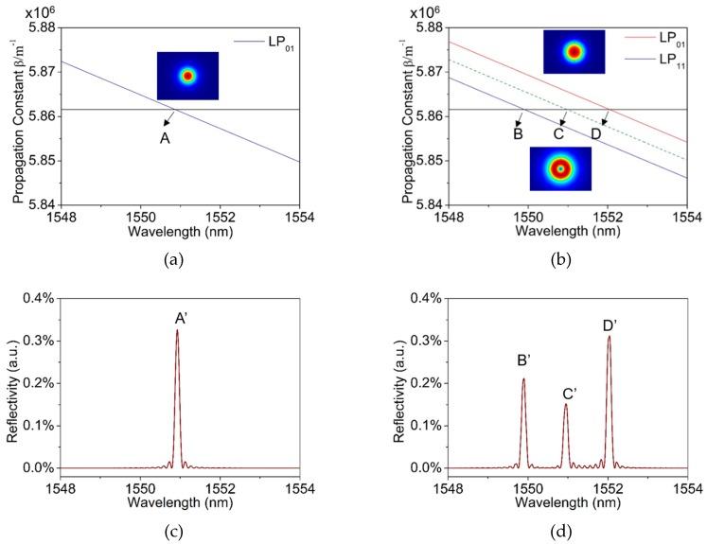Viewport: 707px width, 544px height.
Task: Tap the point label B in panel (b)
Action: pos(518,133)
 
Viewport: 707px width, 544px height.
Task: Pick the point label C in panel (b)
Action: pos(558,133)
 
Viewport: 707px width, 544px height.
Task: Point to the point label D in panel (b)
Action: pos(595,133)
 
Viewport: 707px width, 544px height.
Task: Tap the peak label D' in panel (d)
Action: pos(610,325)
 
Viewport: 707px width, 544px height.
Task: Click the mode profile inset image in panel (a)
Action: pos(187,76)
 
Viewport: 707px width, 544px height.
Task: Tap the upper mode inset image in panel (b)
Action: pos(574,52)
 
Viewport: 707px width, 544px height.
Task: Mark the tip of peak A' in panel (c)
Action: pos(177,330)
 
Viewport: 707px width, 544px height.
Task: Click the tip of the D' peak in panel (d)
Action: pos(609,337)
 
